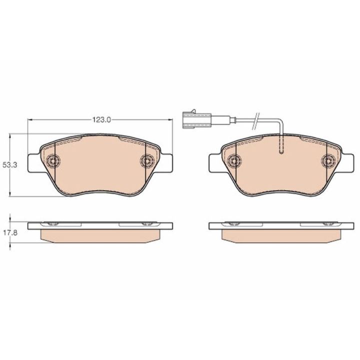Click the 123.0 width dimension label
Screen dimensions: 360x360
pyautogui.click(x=101, y=119)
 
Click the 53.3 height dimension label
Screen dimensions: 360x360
pyautogui.click(x=10, y=165)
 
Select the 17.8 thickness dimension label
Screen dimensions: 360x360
pyautogui.click(x=10, y=233)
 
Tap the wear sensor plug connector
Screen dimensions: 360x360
pyautogui.click(x=196, y=119)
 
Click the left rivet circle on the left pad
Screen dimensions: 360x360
pyautogui.click(x=53, y=160)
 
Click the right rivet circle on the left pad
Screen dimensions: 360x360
pyautogui.click(x=147, y=160)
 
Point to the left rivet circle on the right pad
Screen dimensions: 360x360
pyautogui.click(x=234, y=160)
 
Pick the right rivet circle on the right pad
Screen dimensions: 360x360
pyautogui.click(x=328, y=160)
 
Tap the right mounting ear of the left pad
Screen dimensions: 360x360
pyautogui.click(x=166, y=163)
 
